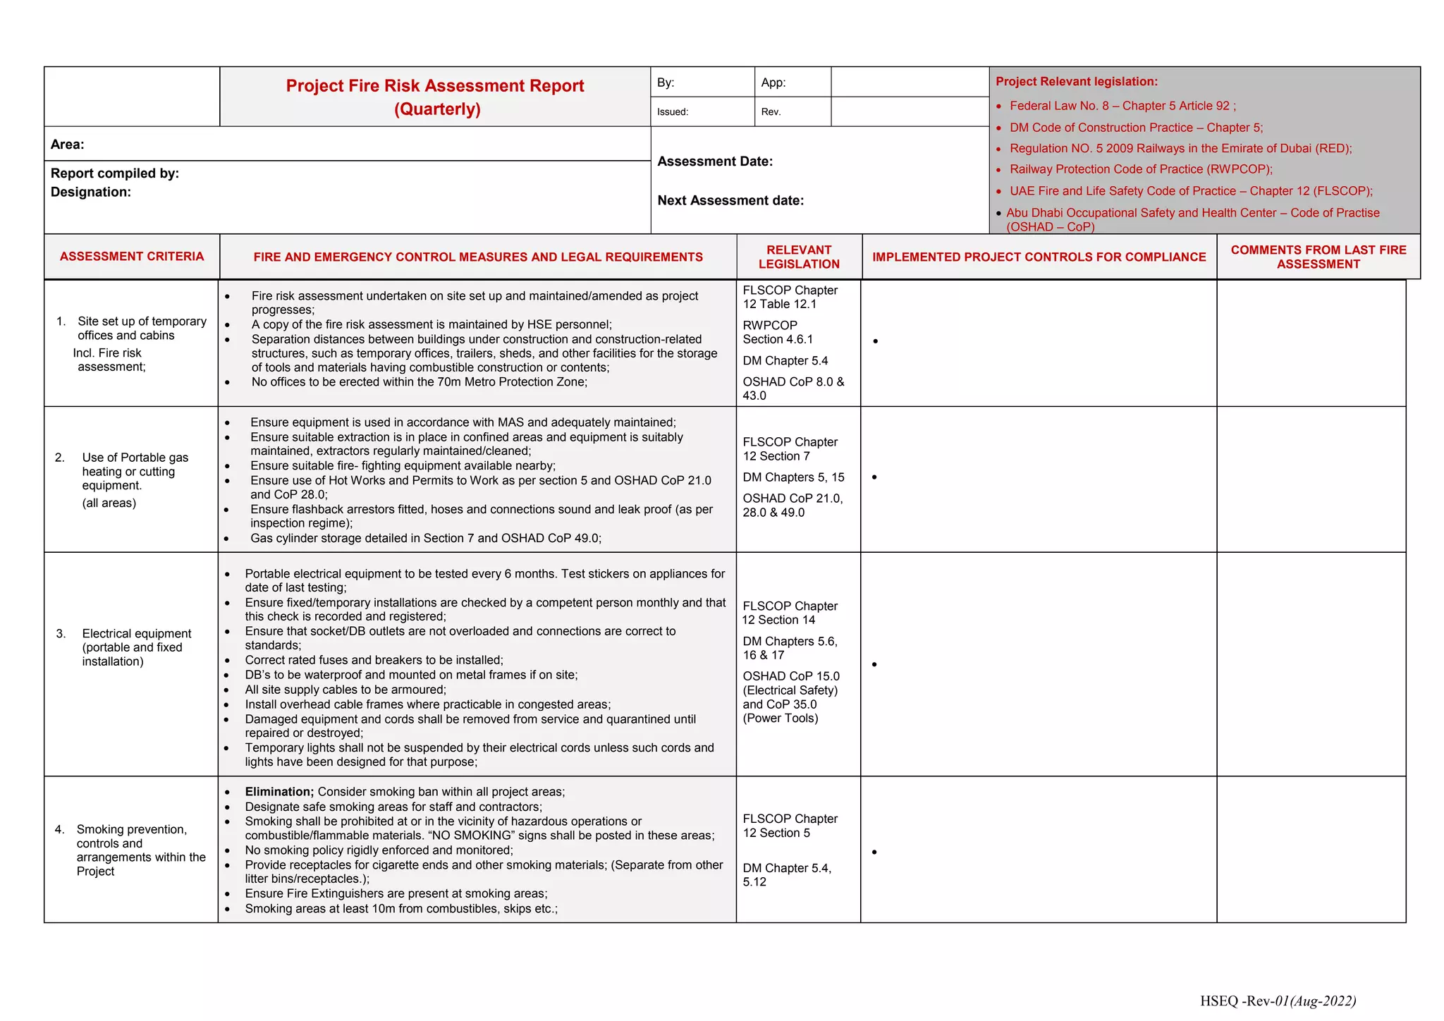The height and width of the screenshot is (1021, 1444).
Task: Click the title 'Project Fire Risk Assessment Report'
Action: point(435,86)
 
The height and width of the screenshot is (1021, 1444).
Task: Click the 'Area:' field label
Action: point(68,145)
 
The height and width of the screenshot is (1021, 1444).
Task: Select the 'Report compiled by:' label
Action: point(115,173)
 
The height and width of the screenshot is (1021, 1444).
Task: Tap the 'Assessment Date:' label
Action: point(715,161)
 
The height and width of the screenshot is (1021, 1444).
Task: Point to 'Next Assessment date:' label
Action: point(730,200)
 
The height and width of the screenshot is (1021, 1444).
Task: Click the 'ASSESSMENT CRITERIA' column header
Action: point(132,257)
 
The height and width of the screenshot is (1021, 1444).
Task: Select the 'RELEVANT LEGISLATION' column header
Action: point(799,257)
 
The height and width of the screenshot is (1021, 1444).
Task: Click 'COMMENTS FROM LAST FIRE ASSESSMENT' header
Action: point(1318,257)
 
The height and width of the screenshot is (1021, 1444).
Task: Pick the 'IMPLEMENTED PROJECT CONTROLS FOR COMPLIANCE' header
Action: point(1039,257)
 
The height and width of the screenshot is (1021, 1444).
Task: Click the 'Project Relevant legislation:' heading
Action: point(1077,82)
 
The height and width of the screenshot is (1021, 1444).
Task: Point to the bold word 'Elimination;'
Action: point(279,792)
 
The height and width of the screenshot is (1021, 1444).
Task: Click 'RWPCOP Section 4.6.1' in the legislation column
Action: point(777,332)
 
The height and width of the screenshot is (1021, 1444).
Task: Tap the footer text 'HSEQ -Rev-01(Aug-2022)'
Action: point(1278,1001)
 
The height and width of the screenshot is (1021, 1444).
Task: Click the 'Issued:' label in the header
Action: point(673,112)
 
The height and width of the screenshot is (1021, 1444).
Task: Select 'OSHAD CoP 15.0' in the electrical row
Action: point(791,676)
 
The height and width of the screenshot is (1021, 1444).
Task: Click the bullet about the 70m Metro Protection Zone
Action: point(419,382)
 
